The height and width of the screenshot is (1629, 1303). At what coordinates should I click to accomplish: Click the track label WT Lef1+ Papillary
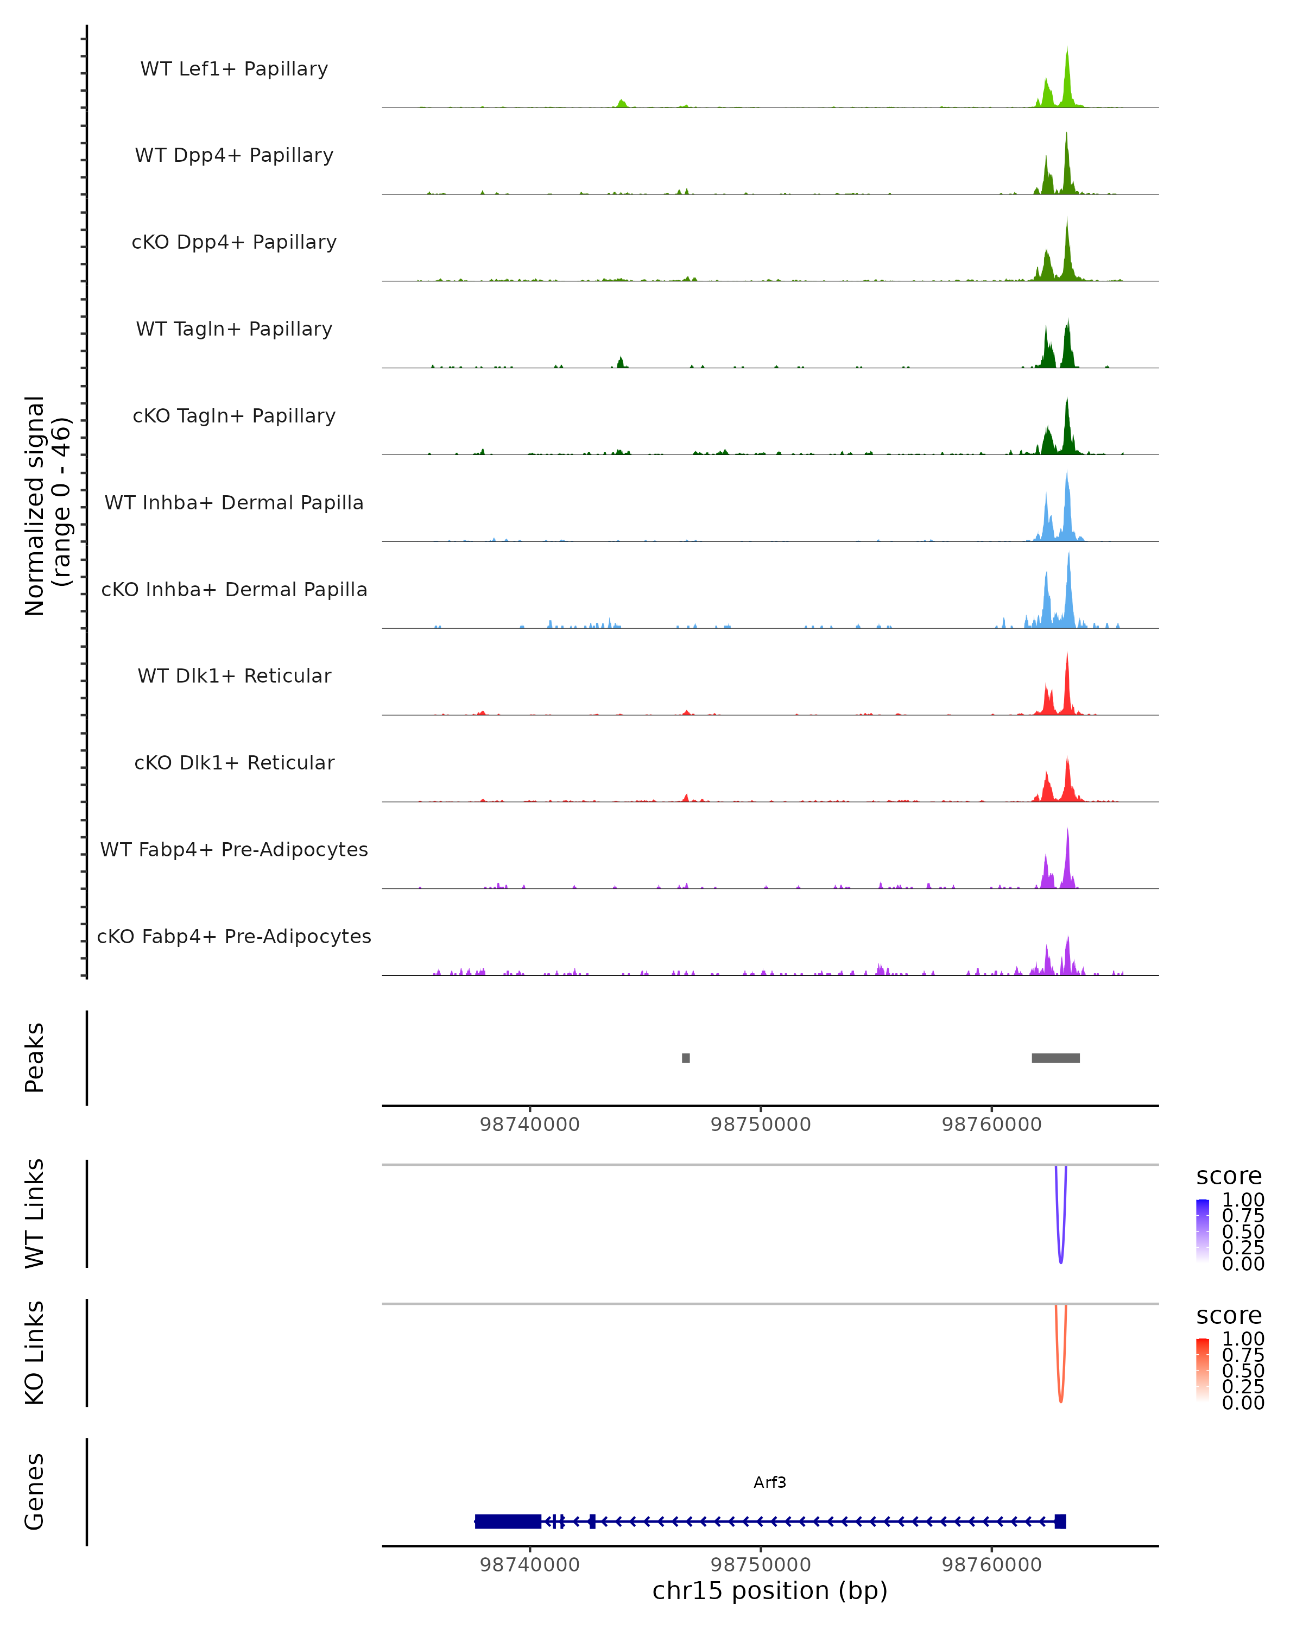coord(234,69)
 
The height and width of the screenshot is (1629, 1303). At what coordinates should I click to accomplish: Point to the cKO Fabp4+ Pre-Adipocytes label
coord(234,936)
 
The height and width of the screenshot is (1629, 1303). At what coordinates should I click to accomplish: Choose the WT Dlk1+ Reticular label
coord(234,675)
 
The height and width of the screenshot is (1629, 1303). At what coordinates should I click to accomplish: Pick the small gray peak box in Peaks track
coord(686,1058)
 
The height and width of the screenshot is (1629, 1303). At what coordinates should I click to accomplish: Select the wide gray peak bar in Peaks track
coord(1055,1058)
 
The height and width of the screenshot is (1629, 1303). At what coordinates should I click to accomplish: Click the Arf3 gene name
coord(770,1482)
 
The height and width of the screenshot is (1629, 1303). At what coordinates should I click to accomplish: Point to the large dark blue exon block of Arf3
coord(508,1521)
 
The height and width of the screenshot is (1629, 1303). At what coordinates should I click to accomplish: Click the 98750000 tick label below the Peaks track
coord(761,1125)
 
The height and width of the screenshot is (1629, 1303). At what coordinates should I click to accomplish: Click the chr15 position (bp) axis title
coord(770,1591)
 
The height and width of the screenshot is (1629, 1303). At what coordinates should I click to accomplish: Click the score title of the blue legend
coord(1229,1176)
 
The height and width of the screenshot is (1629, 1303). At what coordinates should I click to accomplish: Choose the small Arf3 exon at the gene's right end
coord(1060,1521)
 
